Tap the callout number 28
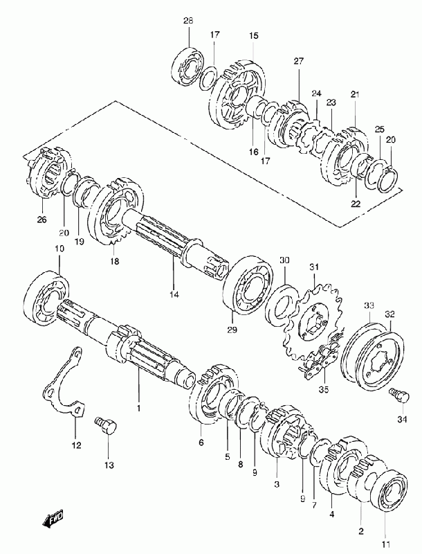click(188, 21)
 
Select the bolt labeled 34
click(399, 395)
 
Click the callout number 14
click(174, 294)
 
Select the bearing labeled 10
click(47, 298)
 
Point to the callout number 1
click(138, 408)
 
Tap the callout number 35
click(324, 389)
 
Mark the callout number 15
click(254, 36)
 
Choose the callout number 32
click(390, 314)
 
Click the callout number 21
click(355, 94)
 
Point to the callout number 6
click(201, 442)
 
